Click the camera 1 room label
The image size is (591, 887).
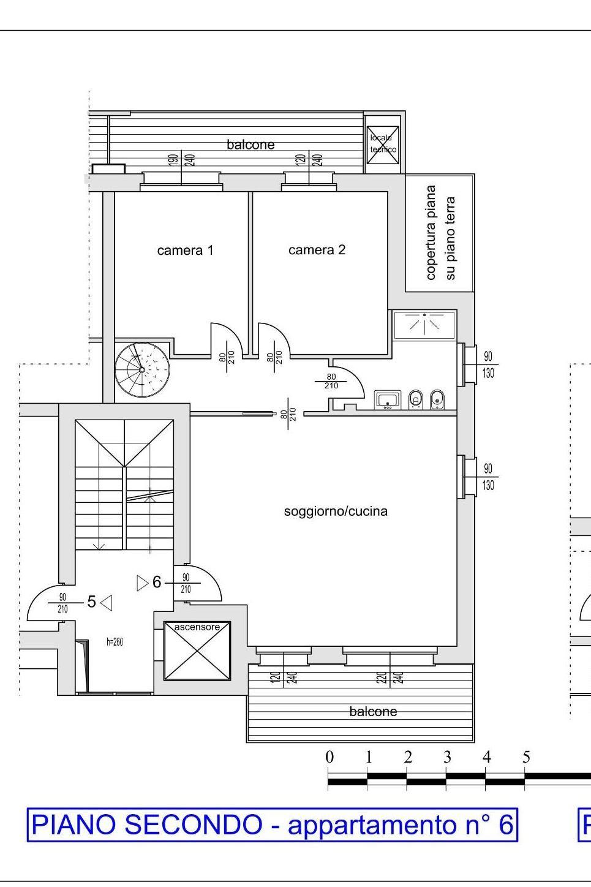click(185, 251)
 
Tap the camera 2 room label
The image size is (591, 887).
click(317, 250)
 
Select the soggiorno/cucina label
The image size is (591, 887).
click(336, 511)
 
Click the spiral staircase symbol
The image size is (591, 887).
click(142, 370)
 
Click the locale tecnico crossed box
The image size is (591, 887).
click(383, 145)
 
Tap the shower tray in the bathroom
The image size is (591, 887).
click(424, 325)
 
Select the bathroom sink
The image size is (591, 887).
click(388, 400)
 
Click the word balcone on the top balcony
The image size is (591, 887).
click(250, 145)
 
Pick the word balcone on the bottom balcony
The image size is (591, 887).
click(373, 712)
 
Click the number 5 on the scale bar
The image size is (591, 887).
click(526, 757)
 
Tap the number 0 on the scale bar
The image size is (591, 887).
click(329, 757)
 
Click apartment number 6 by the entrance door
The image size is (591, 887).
click(157, 582)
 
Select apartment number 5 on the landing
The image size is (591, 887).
click(91, 602)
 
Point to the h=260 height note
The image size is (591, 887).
click(115, 642)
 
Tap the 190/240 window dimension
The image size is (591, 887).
click(181, 160)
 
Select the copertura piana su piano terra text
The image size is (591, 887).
click(440, 233)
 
